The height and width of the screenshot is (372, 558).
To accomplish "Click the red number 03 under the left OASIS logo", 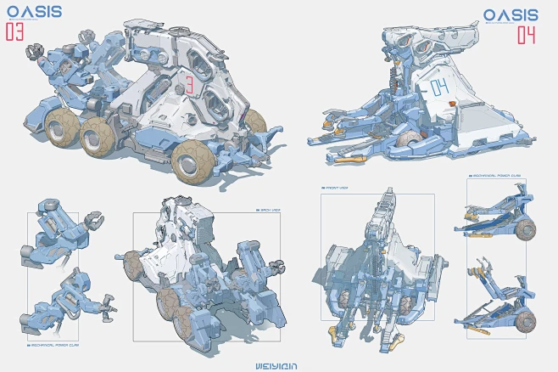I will point(15,32).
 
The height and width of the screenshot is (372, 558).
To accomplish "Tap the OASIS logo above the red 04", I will point(511,14).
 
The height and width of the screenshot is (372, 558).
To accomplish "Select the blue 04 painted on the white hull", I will point(439,87).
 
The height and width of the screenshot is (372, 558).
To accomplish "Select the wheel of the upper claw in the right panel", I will point(527,228).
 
